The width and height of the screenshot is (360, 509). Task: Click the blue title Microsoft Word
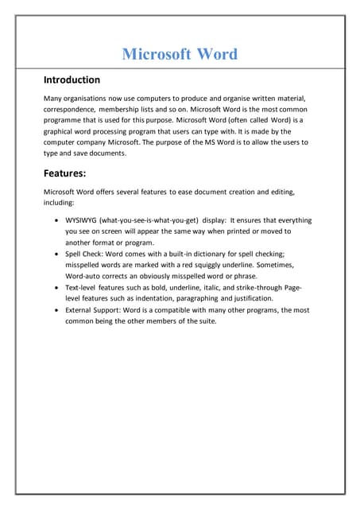coord(180,54)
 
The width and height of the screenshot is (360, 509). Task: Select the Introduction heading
coord(72,80)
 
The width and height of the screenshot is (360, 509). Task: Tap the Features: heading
coord(68,173)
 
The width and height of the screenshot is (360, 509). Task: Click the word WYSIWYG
coord(82,220)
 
